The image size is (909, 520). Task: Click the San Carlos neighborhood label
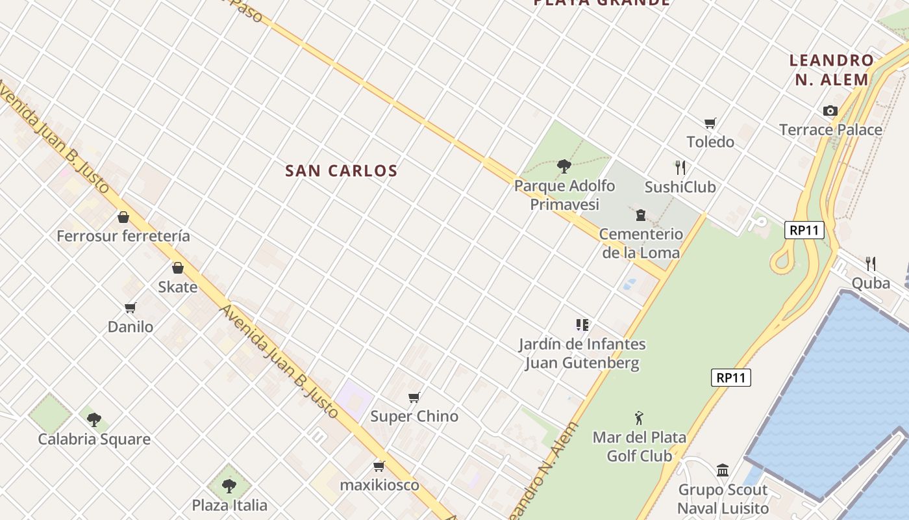point(341,171)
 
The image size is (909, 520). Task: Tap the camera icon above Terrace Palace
point(830,111)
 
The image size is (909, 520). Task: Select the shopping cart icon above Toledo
point(710,123)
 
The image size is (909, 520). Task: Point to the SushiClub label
point(680,187)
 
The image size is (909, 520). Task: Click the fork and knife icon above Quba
point(871,263)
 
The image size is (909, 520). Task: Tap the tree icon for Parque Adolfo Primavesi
point(564,166)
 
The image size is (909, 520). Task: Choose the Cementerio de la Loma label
point(641,243)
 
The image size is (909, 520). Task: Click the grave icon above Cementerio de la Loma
point(641,215)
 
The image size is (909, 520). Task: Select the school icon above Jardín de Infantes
point(582,324)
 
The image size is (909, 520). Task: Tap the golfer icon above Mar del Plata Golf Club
point(640,417)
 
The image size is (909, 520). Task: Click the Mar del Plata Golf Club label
point(640,447)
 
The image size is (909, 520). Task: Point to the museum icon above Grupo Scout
point(723,470)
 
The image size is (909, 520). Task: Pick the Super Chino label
point(414,416)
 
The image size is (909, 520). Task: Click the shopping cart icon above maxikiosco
point(379,466)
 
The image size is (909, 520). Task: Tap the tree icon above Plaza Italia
point(229,485)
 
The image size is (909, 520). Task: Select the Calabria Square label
point(94,439)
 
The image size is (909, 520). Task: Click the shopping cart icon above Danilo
point(131,307)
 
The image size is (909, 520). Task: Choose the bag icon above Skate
point(178,267)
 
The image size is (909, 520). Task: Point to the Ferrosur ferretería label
point(123,236)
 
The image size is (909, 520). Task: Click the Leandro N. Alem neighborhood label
point(832,70)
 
